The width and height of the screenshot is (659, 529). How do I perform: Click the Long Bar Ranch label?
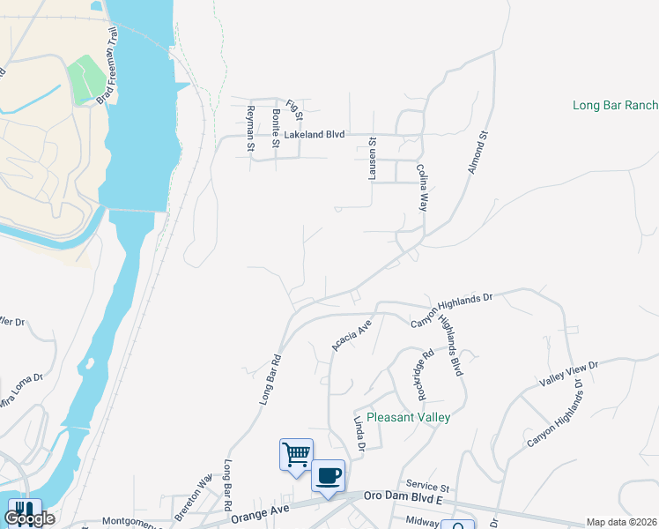tap(615, 106)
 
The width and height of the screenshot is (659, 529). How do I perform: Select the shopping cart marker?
tap(297, 455)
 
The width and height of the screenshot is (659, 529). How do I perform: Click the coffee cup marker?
tap(328, 476)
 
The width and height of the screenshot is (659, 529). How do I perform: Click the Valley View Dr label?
tap(568, 375)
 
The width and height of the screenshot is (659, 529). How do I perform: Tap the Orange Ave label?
tap(260, 509)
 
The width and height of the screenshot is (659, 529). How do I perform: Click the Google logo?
tap(29, 518)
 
